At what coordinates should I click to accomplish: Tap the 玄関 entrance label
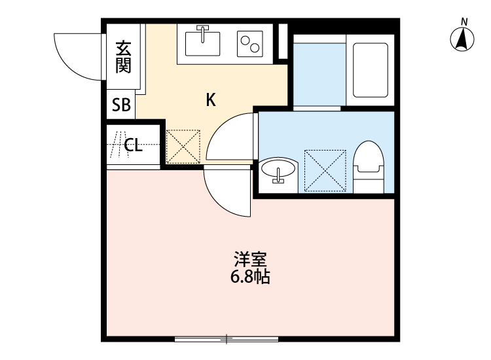tap(122, 57)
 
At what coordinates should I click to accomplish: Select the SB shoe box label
tap(121, 106)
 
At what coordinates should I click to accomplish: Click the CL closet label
tap(133, 145)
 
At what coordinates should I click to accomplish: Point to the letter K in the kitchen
tap(211, 100)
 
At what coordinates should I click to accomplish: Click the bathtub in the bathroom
tap(370, 69)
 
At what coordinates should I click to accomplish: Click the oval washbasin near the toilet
tap(279, 171)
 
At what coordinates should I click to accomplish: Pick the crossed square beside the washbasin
tap(325, 170)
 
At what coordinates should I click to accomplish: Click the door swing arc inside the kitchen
tap(229, 137)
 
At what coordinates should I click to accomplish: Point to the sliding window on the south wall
tap(227, 338)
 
